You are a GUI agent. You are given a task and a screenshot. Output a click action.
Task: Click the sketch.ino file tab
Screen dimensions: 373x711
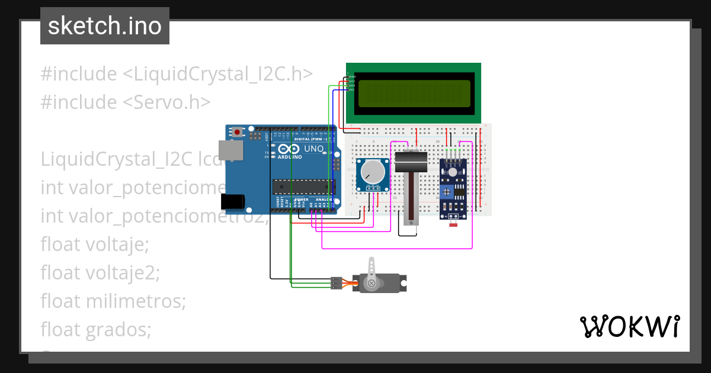(x=104, y=26)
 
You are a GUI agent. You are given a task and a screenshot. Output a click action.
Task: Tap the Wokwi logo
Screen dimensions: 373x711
(x=629, y=327)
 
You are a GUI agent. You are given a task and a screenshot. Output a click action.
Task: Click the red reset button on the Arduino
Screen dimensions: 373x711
(x=238, y=132)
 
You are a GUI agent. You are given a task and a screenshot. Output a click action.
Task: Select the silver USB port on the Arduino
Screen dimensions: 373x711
(x=230, y=150)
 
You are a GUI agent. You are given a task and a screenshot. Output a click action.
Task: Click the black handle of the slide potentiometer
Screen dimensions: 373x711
(x=410, y=162)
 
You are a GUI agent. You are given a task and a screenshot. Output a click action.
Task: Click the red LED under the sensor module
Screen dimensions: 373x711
(x=453, y=225)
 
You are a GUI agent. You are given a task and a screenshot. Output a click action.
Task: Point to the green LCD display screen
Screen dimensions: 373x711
(x=414, y=93)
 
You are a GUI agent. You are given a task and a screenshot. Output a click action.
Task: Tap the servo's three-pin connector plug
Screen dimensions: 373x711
(x=337, y=283)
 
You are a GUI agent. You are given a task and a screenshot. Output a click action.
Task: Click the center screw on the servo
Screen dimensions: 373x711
(x=371, y=284)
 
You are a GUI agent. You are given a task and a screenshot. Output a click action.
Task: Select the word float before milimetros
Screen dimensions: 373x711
(x=60, y=301)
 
